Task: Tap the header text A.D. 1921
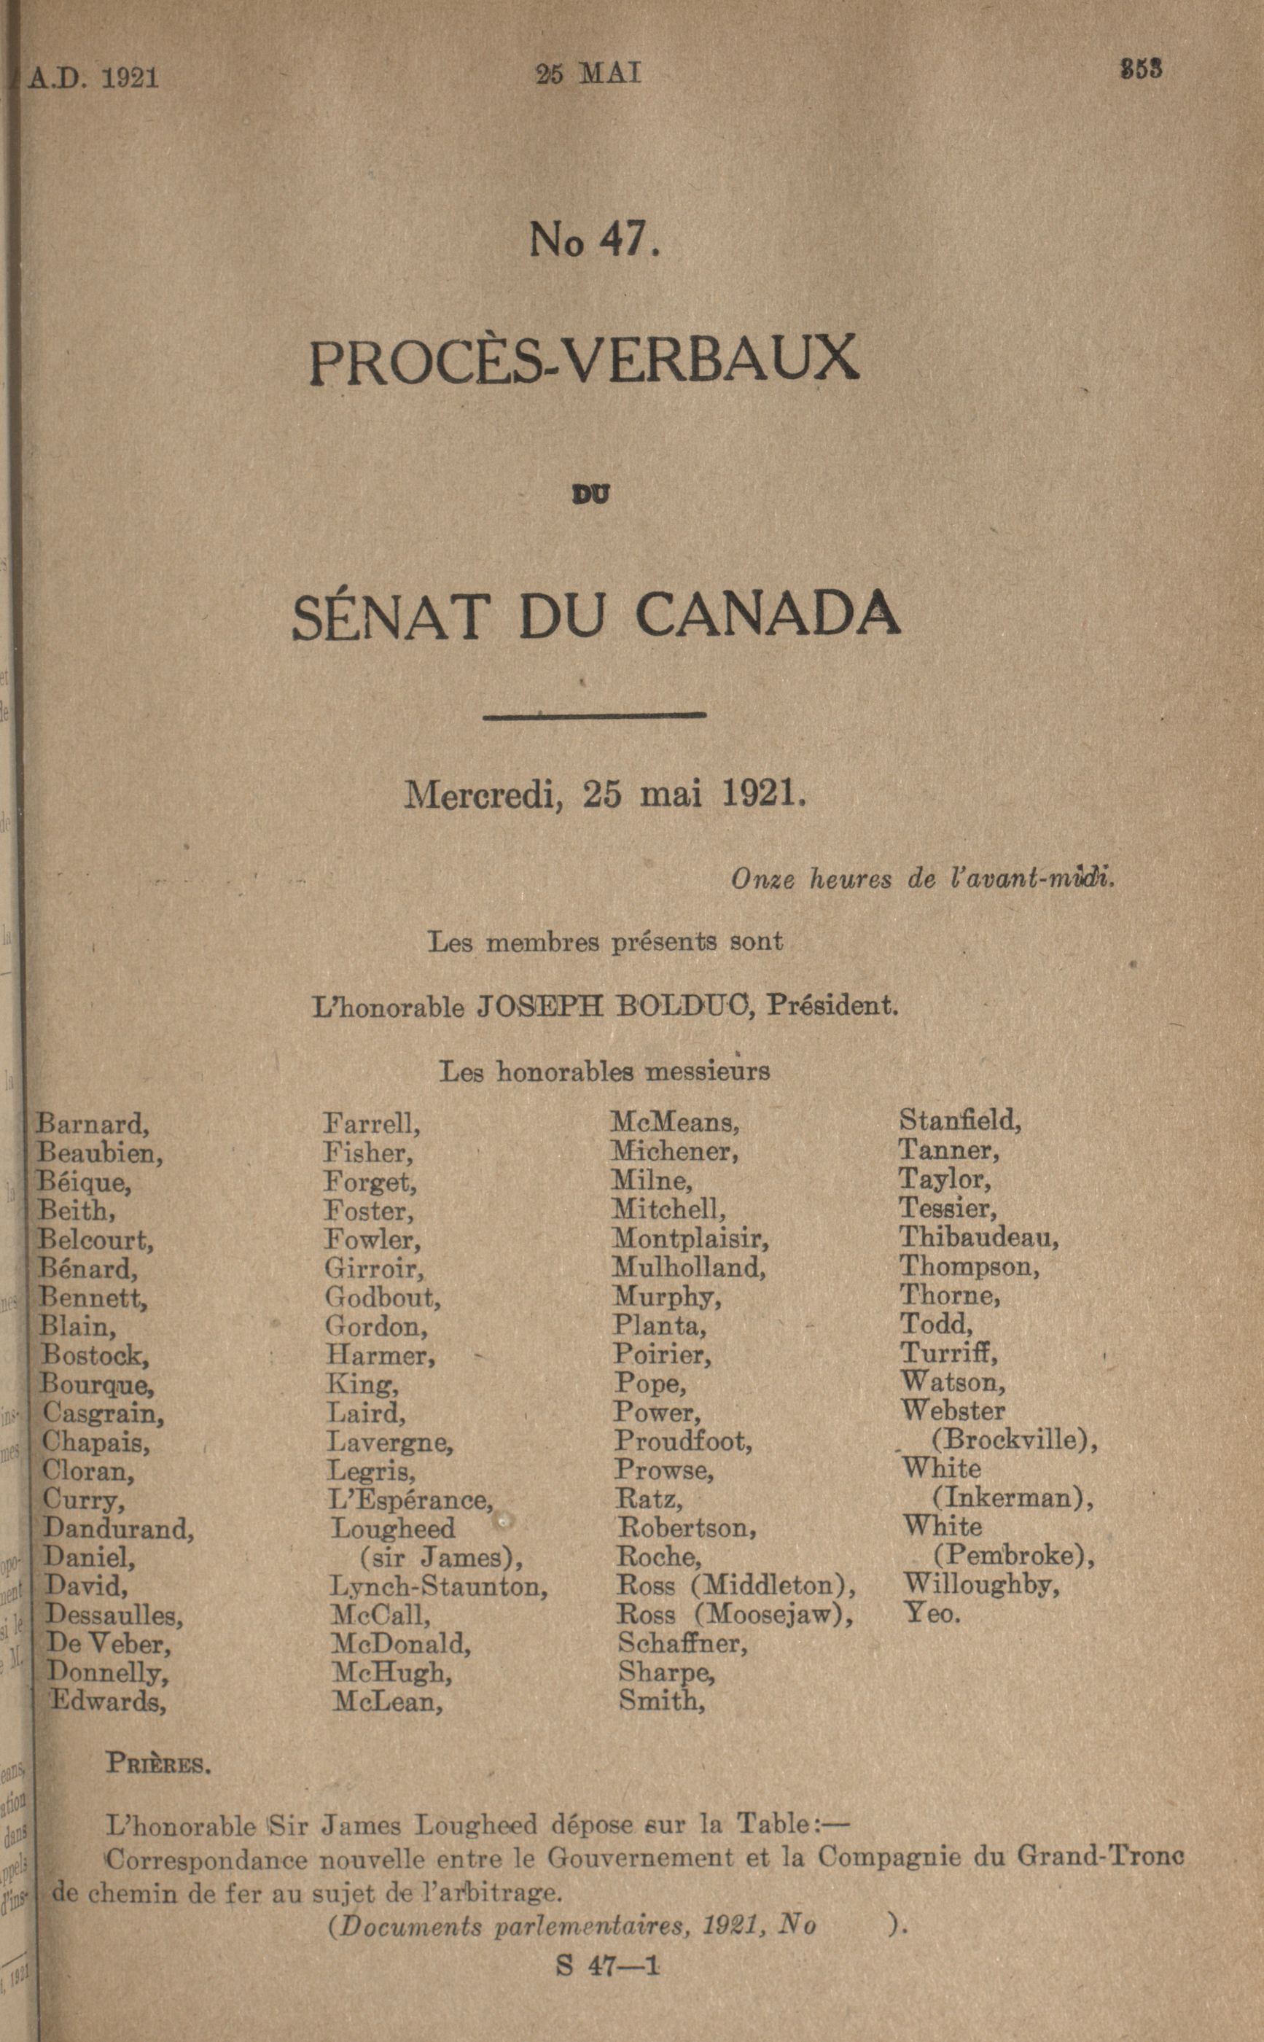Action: click(93, 78)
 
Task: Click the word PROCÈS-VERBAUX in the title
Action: click(583, 359)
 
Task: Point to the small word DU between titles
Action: click(590, 495)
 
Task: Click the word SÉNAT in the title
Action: click(389, 615)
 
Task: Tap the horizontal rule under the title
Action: click(594, 714)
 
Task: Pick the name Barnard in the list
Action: click(92, 1124)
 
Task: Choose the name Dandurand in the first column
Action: click(118, 1529)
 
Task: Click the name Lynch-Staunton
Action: click(438, 1586)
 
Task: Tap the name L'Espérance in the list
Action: click(410, 1500)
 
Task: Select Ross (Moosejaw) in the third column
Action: click(735, 1614)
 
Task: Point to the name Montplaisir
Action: click(690, 1238)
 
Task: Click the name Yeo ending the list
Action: click(932, 1613)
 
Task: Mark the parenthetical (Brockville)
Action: click(1013, 1440)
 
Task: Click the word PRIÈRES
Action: click(158, 1764)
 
